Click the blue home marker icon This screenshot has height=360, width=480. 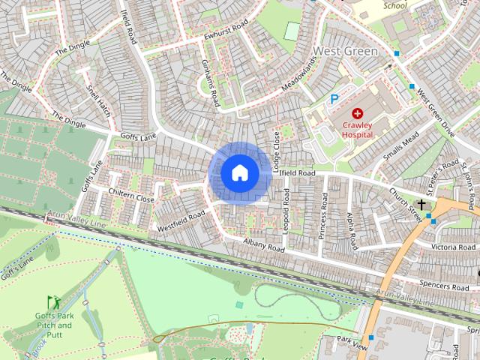[x=239, y=173]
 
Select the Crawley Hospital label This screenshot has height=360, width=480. [x=358, y=129]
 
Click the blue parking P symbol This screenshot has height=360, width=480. [x=334, y=98]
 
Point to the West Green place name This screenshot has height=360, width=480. [x=345, y=52]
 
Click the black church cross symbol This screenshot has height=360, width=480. [x=421, y=204]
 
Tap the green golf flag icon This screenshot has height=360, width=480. [x=52, y=301]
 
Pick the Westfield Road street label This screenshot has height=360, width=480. [x=181, y=221]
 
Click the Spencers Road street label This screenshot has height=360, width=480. [x=445, y=286]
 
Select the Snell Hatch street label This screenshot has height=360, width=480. [x=98, y=102]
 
